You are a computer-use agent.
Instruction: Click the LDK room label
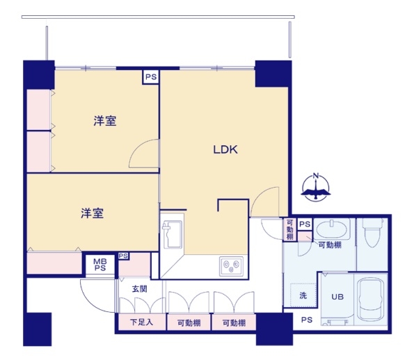point(226,149)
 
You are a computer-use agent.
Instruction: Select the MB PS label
point(100,265)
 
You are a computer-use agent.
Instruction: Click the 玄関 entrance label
point(139,288)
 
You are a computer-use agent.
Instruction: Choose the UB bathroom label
point(337,297)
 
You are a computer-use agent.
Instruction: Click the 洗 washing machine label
point(303,295)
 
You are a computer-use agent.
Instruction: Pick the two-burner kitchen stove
point(230,265)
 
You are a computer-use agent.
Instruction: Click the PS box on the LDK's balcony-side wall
point(151,77)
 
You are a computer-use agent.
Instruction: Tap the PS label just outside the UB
point(307,320)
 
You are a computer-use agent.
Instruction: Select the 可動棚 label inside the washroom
point(330,245)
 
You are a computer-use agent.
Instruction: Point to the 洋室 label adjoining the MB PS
point(92,213)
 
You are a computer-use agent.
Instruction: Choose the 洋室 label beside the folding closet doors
point(104,121)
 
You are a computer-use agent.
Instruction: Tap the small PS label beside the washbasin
point(304,224)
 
